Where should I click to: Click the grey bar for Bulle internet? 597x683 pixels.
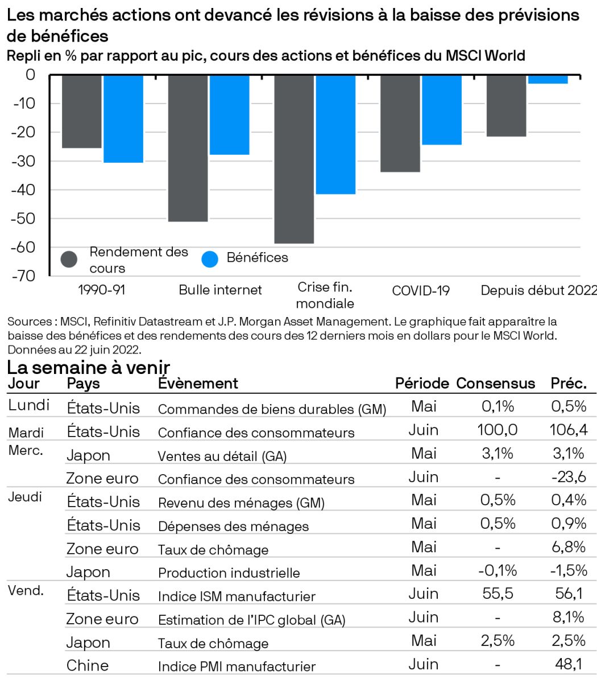tap(188, 148)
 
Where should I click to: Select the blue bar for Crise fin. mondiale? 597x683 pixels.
tap(335, 134)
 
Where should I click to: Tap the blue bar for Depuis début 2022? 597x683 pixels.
tap(548, 79)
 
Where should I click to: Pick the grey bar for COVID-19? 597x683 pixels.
tap(400, 123)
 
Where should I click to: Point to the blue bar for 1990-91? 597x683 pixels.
tap(123, 118)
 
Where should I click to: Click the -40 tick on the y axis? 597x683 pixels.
tap(23, 190)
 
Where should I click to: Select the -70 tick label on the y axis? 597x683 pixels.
tap(23, 277)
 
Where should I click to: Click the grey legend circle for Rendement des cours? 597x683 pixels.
tap(69, 260)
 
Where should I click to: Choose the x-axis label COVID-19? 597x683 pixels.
tap(421, 291)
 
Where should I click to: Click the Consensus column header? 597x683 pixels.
tap(496, 384)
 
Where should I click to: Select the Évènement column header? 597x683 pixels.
tap(198, 384)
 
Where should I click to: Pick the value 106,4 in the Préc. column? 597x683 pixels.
tap(569, 430)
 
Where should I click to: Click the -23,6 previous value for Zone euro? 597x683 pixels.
tap(569, 477)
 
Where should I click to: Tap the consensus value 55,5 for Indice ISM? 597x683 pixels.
tap(498, 594)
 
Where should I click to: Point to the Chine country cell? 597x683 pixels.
tap(88, 665)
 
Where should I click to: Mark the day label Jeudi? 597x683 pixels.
tap(25, 497)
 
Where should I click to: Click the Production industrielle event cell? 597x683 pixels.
tap(229, 573)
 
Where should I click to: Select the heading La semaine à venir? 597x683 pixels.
tap(89, 367)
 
